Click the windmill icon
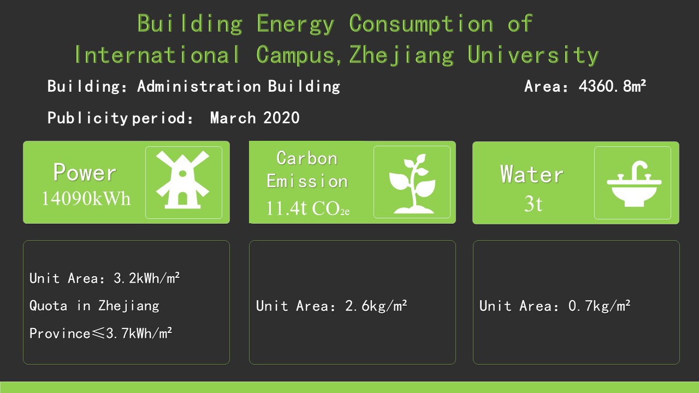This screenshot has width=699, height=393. click(183, 180)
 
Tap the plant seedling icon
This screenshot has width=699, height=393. click(412, 183)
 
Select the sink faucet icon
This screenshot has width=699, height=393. click(634, 183)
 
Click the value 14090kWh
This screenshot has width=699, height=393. click(86, 198)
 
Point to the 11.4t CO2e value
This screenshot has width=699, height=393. click(307, 209)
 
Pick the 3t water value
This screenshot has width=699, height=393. click(533, 204)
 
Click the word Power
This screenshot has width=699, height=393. click(85, 172)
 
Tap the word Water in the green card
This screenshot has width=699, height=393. click(532, 174)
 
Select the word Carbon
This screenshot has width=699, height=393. click(307, 158)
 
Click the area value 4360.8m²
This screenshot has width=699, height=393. click(612, 86)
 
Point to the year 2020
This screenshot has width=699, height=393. click(281, 117)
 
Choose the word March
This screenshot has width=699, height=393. click(233, 117)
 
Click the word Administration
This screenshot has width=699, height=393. click(199, 86)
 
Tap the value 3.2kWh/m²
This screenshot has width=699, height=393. click(146, 278)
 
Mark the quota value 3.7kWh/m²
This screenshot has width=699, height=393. click(139, 333)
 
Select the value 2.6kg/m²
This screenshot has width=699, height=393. click(376, 306)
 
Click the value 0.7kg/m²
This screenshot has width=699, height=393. click(599, 306)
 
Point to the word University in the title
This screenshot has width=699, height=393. click(533, 55)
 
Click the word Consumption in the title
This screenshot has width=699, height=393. click(421, 23)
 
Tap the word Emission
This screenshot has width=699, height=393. click(307, 181)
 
